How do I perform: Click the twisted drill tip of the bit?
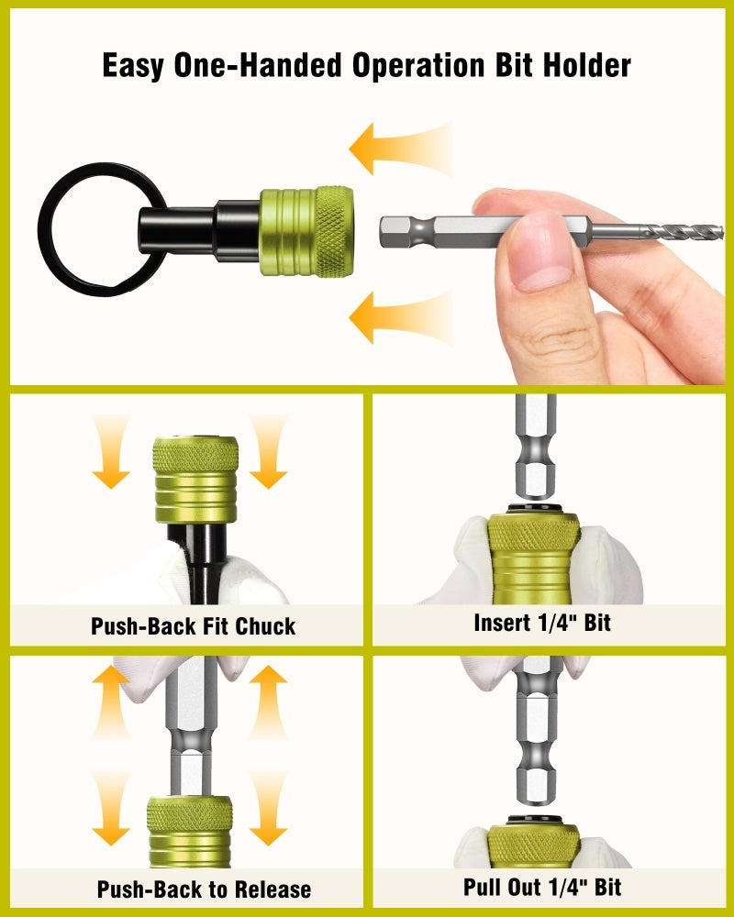682,233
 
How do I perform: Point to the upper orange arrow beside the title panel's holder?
400,149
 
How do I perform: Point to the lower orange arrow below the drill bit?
400,317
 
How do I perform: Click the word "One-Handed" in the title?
258,65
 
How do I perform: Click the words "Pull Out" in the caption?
502,887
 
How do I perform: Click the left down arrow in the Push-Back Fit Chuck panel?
110,451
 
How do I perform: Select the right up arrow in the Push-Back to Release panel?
268,702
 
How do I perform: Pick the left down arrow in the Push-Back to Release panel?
110,808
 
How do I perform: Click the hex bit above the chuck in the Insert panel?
535,447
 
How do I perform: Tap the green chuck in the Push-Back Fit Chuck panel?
195,480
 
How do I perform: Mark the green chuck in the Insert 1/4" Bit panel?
534,559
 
